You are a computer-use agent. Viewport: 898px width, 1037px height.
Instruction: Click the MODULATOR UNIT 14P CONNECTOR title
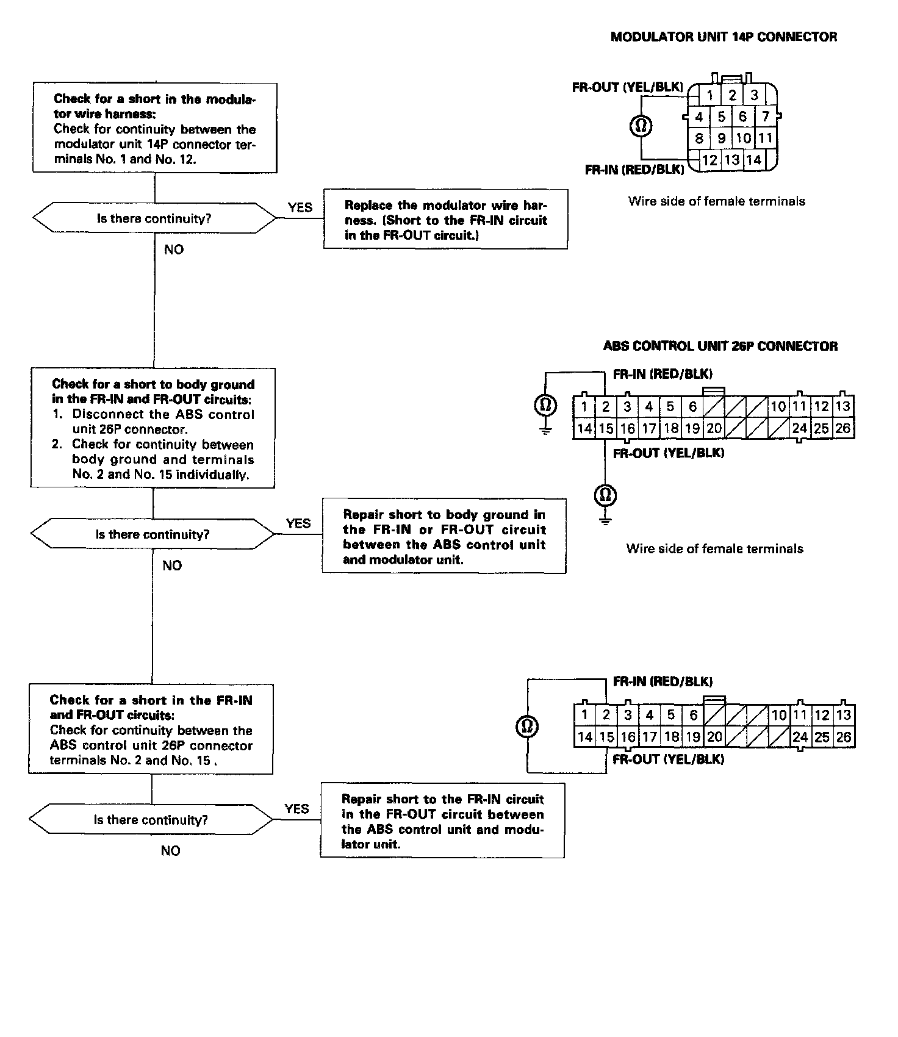[x=724, y=37]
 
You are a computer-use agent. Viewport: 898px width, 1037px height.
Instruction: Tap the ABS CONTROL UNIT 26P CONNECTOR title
[x=720, y=346]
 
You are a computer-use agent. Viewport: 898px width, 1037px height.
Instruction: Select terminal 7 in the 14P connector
[x=766, y=116]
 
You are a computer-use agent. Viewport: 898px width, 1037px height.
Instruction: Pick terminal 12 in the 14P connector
[x=709, y=160]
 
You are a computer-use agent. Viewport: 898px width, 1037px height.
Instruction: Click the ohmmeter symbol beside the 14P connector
[x=641, y=126]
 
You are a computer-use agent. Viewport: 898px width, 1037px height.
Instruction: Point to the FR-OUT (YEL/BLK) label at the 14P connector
[x=627, y=87]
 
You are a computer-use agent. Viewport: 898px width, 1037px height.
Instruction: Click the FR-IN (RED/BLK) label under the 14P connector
[x=634, y=170]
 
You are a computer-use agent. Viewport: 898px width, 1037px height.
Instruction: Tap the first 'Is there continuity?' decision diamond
[x=154, y=218]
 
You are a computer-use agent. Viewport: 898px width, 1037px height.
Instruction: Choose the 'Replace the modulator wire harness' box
[x=445, y=220]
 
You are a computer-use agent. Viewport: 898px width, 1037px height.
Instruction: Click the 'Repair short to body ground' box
[x=444, y=537]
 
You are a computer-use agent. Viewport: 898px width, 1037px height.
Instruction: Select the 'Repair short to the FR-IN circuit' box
[x=442, y=821]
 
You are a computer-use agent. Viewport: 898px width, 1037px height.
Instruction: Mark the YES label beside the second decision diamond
[x=298, y=523]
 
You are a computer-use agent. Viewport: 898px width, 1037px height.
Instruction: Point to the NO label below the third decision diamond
[x=171, y=851]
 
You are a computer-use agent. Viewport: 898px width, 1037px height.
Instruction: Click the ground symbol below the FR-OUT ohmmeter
[x=605, y=519]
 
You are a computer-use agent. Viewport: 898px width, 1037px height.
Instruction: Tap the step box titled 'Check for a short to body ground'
[x=153, y=428]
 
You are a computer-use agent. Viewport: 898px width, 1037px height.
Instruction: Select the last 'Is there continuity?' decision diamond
[x=151, y=820]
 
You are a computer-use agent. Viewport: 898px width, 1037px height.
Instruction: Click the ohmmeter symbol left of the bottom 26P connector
[x=528, y=726]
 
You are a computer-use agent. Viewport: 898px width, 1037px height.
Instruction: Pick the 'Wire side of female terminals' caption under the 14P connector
[x=716, y=201]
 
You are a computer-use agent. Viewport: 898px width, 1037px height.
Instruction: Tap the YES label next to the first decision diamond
[x=300, y=207]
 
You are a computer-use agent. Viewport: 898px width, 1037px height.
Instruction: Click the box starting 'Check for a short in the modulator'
[x=154, y=128]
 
